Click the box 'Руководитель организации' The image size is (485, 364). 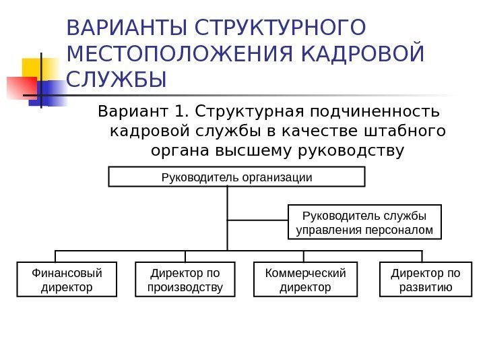[x=236, y=177]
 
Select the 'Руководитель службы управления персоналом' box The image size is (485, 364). [x=365, y=222]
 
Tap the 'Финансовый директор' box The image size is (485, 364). [x=67, y=280]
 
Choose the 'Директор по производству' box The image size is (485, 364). [x=185, y=280]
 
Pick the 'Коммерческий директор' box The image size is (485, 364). [x=305, y=280]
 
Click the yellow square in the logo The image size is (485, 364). [x=36, y=69]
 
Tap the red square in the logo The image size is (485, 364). [x=20, y=87]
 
